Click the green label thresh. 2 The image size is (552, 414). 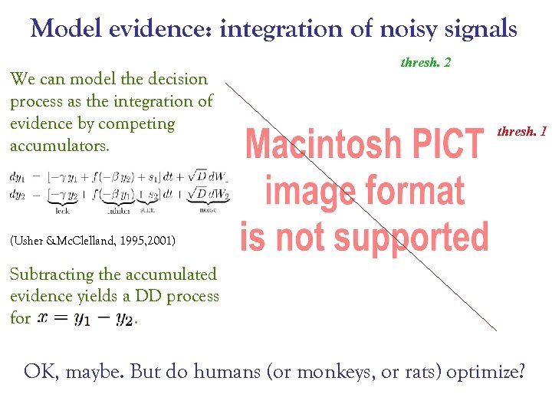pyautogui.click(x=426, y=62)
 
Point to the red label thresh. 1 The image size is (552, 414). pyautogui.click(x=521, y=132)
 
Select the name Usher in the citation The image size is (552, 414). pyautogui.click(x=31, y=242)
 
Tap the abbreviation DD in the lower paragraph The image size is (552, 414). pyautogui.click(x=150, y=296)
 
